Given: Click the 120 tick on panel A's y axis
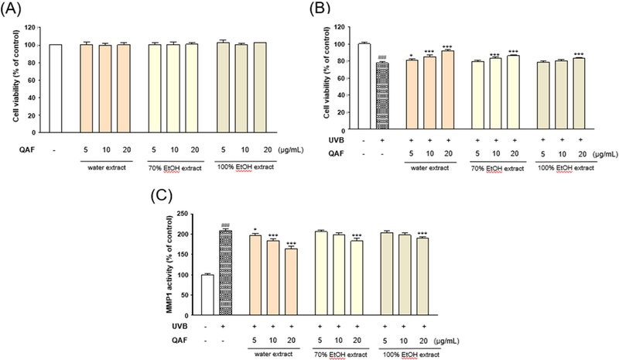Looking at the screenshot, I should point(36,27).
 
